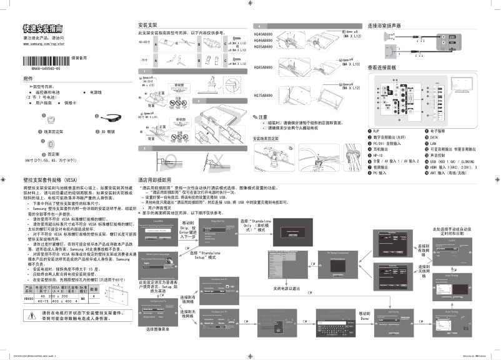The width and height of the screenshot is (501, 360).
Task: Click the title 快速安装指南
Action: [x=42, y=29]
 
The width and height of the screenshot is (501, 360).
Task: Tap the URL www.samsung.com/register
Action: [x=43, y=44]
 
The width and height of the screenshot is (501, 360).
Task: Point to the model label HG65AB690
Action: [x=263, y=64]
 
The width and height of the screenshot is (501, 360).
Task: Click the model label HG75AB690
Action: [x=263, y=96]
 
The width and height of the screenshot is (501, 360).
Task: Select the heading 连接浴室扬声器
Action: [x=384, y=26]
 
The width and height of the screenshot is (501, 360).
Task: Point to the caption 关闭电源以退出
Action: [x=287, y=289]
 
